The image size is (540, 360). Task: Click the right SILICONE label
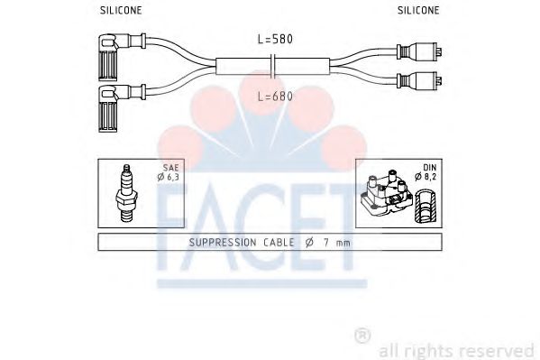tap(418, 11)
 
